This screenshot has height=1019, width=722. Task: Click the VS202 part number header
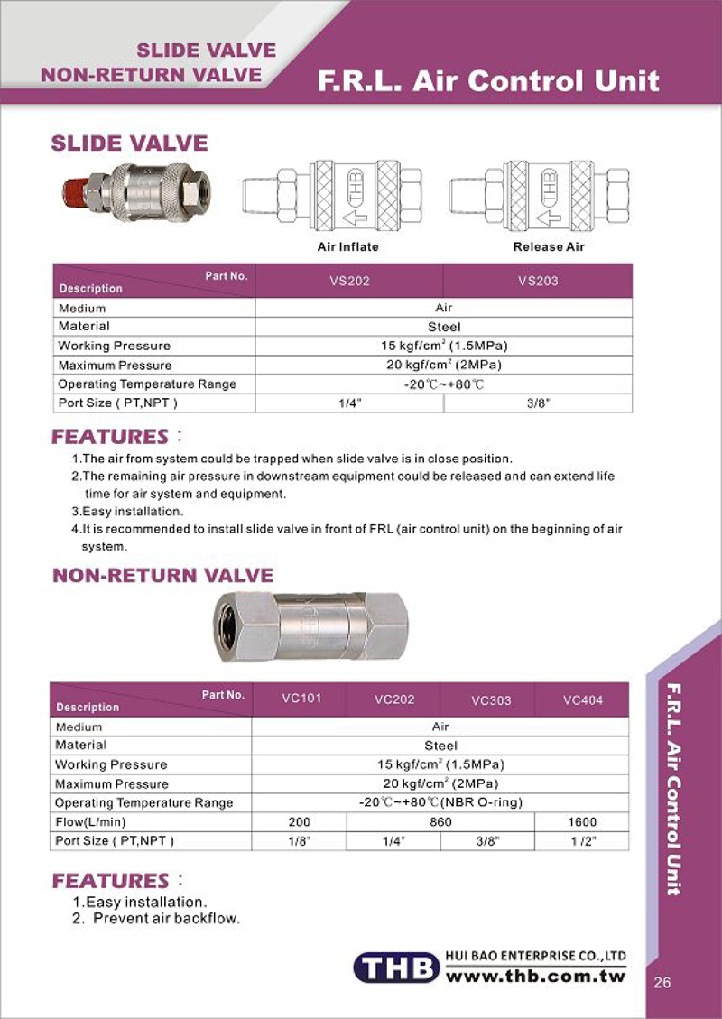pos(349,281)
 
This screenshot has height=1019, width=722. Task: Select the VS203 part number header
pos(538,281)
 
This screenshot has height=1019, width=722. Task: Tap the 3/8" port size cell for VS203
pos(538,403)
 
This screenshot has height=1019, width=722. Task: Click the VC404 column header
pos(582,699)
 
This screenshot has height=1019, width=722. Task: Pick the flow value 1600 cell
pos(582,822)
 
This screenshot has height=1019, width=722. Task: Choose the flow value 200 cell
pos(299,822)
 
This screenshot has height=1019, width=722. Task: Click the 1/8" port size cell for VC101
pos(299,841)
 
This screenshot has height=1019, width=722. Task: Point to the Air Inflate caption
pos(347,246)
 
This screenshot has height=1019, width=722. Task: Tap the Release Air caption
pos(549,246)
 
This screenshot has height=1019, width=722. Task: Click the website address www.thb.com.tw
pos(536,977)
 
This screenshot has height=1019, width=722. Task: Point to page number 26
pos(662,983)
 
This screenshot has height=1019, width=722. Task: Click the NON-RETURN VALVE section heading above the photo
pos(162,575)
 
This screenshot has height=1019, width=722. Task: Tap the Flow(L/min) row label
pos(91,822)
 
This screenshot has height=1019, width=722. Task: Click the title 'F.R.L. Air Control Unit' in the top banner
pos(488,82)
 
